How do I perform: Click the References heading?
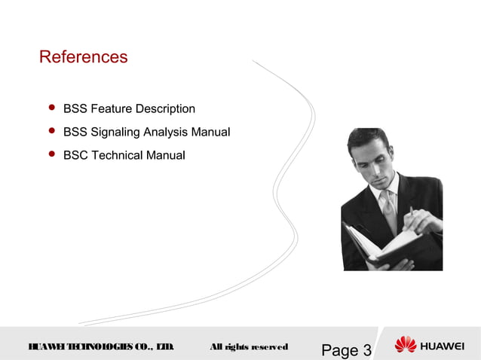(x=83, y=57)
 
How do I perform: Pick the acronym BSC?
(x=75, y=156)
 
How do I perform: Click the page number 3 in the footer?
(x=366, y=350)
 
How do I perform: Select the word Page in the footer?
(x=339, y=350)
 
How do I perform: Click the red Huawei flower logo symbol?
(x=405, y=346)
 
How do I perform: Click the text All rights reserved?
(x=248, y=347)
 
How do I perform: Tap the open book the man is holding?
(x=377, y=244)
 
